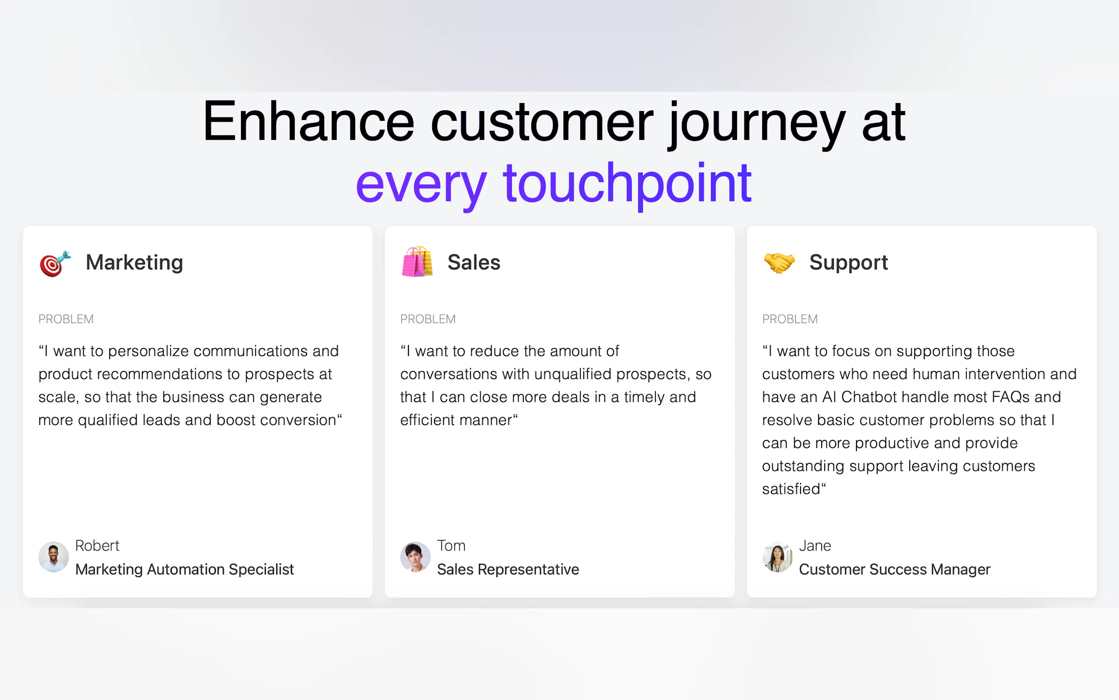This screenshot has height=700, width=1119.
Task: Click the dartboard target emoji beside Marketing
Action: [55, 264]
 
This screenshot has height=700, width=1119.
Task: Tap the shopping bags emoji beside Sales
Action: [417, 261]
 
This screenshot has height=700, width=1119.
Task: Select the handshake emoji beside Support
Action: [779, 263]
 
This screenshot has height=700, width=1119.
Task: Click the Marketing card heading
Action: [135, 263]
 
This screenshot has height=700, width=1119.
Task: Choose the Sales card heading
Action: [474, 263]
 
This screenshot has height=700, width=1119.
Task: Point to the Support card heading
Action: [849, 263]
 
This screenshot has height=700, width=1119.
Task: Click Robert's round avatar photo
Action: [54, 557]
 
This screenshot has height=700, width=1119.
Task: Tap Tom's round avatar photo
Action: [415, 557]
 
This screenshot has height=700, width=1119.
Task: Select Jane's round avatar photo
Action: [778, 557]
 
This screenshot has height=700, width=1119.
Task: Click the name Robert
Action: [97, 545]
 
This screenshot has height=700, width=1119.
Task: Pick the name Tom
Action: [451, 545]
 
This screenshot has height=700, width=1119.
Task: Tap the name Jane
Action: [815, 545]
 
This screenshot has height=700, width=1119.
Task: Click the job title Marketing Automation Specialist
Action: [185, 570]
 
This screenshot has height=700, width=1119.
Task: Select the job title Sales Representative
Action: [508, 570]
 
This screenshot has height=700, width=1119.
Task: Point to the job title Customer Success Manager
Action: [895, 570]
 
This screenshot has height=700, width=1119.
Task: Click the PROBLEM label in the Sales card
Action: [428, 319]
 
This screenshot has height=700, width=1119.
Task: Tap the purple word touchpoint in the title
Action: [627, 185]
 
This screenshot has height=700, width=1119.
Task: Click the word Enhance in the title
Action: [308, 121]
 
